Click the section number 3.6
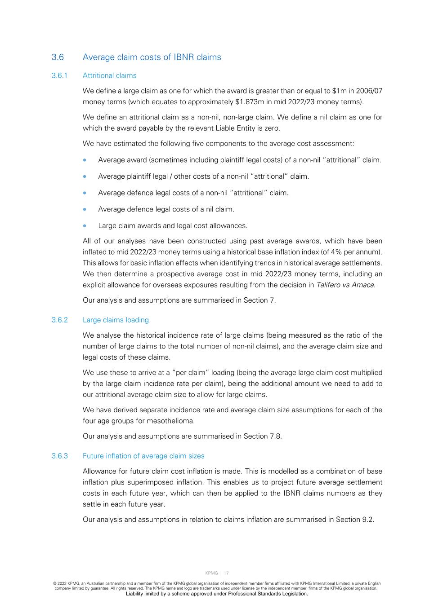coord(58,57)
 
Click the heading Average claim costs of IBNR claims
coord(152,57)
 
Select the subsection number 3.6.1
coord(59,75)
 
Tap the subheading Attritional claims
coord(109,75)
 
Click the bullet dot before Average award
coord(85,160)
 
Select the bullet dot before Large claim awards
coord(85,226)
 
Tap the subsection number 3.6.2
coord(59,320)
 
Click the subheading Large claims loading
coord(116,320)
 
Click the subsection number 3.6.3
coord(59,456)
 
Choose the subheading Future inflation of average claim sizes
coord(143,456)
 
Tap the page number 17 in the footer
coord(226,573)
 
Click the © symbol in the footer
coord(54,584)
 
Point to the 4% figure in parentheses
coord(336,252)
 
